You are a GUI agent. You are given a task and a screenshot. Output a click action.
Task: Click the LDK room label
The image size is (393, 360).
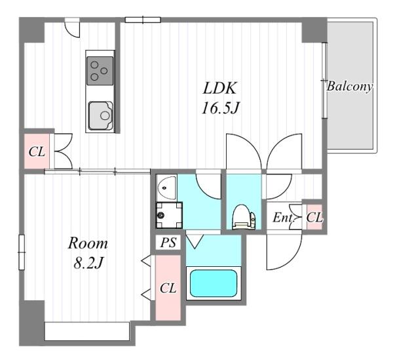[219, 88]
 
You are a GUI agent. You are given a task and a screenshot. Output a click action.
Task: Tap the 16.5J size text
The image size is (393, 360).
[219, 108]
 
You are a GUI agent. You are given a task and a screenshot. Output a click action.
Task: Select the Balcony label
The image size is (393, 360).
[349, 87]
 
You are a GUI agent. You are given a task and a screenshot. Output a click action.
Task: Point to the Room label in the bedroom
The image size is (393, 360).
[88, 243]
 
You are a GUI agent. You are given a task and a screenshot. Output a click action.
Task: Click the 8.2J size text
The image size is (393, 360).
[88, 263]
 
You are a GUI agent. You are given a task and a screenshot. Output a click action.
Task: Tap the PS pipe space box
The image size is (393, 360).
[168, 243]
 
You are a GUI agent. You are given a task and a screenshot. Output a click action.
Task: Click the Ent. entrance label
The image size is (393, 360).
[283, 218]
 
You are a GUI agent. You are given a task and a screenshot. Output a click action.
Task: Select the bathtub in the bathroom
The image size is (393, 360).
[214, 283]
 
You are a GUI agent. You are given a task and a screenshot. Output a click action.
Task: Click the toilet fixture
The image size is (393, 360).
[244, 217]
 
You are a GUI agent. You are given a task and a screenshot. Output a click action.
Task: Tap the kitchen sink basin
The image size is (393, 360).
[100, 115]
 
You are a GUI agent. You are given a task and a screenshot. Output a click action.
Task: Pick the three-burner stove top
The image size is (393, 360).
[100, 71]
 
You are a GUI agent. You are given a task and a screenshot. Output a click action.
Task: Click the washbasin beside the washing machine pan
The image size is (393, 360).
[166, 188]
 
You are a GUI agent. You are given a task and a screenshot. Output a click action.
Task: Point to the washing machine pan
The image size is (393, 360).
[169, 215]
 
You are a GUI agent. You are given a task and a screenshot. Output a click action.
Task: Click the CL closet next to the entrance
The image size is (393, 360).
[314, 217]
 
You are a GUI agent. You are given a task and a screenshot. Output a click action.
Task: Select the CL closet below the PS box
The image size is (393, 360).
[168, 288]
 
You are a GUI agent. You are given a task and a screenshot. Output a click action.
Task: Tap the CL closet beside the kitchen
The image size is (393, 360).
[37, 151]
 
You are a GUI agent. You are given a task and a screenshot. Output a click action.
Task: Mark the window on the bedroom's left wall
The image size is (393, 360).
[22, 252]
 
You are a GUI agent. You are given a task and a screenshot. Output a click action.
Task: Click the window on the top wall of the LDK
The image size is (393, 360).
[143, 20]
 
